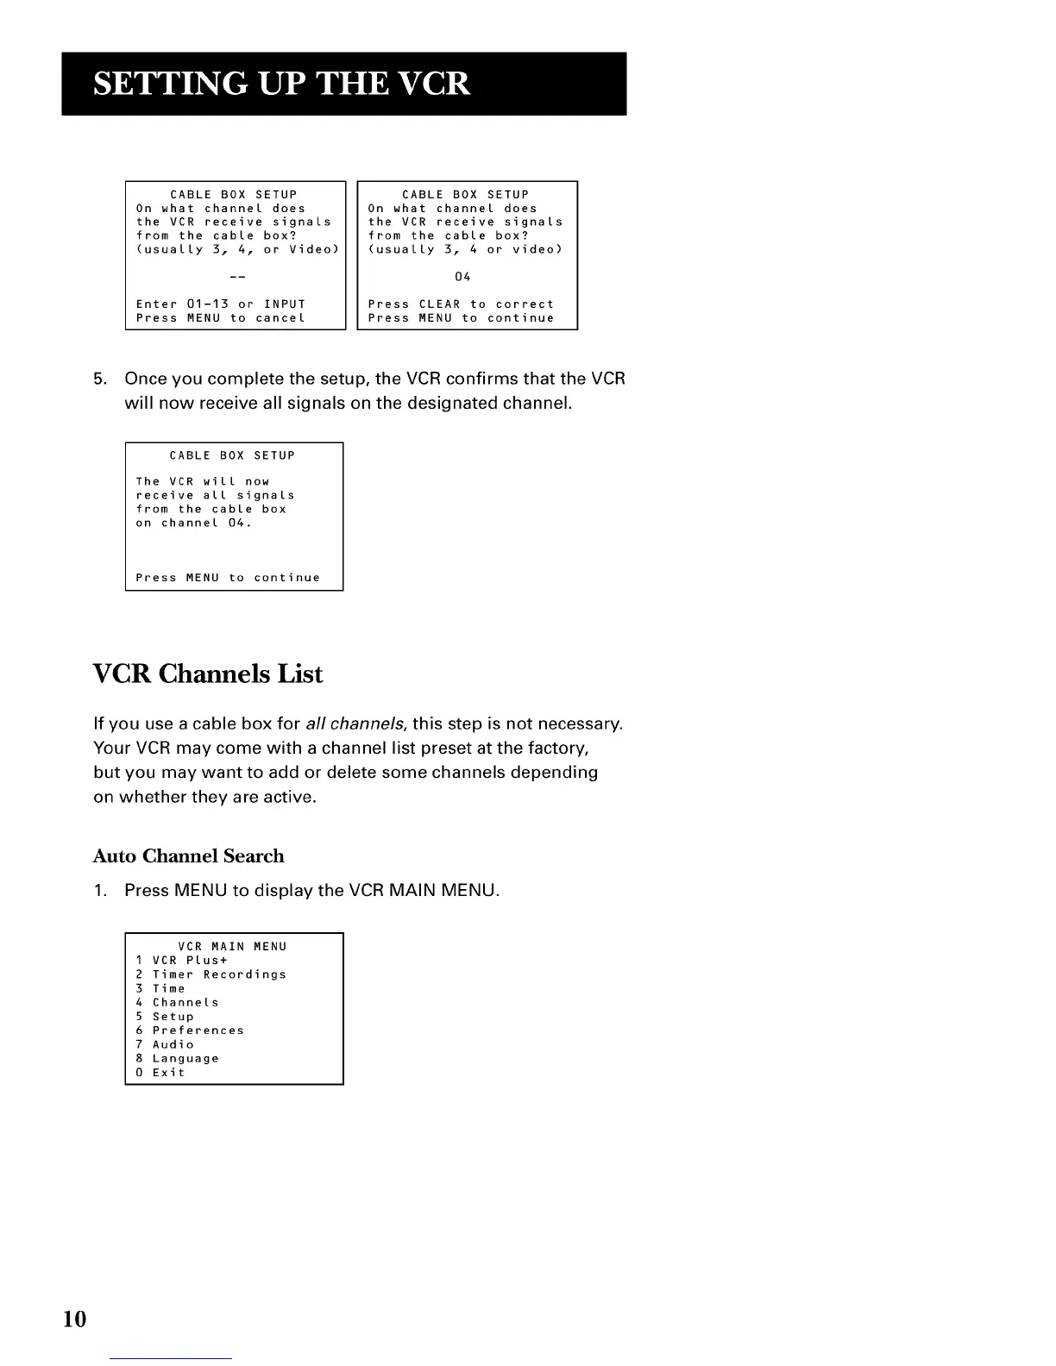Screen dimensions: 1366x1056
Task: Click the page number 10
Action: coord(75,1319)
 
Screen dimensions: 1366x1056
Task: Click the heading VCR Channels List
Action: coord(207,674)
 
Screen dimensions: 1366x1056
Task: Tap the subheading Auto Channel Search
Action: coord(188,855)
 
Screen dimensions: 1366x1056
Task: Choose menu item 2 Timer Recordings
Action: coord(211,974)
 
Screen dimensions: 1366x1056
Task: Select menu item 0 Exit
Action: coord(160,1073)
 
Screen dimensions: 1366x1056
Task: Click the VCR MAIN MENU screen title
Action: coord(232,947)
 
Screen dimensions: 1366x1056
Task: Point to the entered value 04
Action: coord(462,277)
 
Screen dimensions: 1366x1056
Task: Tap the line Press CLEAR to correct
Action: coord(461,304)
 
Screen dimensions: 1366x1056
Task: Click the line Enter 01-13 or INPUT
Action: coord(221,304)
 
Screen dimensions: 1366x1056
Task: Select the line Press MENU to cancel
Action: coord(221,318)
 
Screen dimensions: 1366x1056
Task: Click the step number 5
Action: coord(100,379)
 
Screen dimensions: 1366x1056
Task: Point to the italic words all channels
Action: coord(356,723)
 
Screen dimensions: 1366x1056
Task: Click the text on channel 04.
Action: coord(193,523)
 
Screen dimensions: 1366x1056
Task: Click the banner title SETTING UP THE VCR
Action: coord(281,84)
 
